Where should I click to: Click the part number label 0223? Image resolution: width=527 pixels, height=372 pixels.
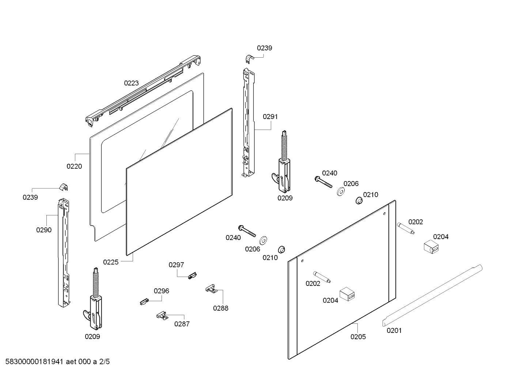tap(131, 83)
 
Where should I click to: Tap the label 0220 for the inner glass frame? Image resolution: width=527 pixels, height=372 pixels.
tap(74, 166)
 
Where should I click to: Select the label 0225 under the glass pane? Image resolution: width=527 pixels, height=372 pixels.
tap(111, 262)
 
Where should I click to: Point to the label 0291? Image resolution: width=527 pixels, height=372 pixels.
tap(270, 117)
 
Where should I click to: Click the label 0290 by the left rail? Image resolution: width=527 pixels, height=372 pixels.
tap(44, 230)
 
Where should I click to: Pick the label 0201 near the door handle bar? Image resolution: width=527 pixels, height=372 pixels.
tap(394, 330)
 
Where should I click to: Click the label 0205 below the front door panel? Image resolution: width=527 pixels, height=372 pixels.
tap(358, 337)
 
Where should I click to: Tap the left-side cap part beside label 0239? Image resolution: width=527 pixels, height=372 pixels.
tap(64, 187)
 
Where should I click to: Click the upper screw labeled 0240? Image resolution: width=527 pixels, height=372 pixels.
tap(323, 181)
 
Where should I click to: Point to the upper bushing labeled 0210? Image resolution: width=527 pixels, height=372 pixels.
tap(359, 201)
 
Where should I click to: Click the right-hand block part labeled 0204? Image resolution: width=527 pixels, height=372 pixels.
tap(431, 246)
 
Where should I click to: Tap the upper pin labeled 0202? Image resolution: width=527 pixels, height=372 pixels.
tap(405, 228)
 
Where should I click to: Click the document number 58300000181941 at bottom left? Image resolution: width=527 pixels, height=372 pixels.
tap(33, 362)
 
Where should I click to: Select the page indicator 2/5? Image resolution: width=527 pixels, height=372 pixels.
tap(105, 362)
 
